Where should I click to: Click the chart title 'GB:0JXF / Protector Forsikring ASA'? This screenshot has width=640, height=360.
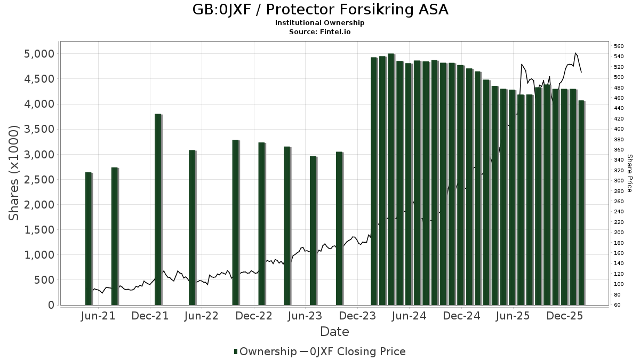[x=320, y=10]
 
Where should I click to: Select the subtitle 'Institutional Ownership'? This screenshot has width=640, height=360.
[x=320, y=23]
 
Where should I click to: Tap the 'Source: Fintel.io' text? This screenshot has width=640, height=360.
[x=320, y=32]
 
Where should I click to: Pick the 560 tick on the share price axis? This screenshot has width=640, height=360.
[x=618, y=46]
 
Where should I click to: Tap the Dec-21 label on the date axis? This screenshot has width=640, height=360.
[x=150, y=316]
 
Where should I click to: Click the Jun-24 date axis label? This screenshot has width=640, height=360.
[x=409, y=316]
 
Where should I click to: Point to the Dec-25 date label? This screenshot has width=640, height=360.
[x=565, y=316]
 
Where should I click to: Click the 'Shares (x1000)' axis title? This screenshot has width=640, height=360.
[x=14, y=173]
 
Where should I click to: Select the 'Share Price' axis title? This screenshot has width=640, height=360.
[x=629, y=173]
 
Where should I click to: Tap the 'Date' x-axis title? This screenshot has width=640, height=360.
[x=334, y=332]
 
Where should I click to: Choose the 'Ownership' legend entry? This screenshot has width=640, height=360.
[x=265, y=351]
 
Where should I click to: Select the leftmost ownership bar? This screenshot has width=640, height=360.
[x=89, y=239]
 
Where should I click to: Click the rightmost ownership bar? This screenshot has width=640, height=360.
[x=581, y=203]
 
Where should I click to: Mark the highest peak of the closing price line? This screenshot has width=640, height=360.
[x=575, y=53]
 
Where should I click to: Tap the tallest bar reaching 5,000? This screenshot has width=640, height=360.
[x=391, y=179]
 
